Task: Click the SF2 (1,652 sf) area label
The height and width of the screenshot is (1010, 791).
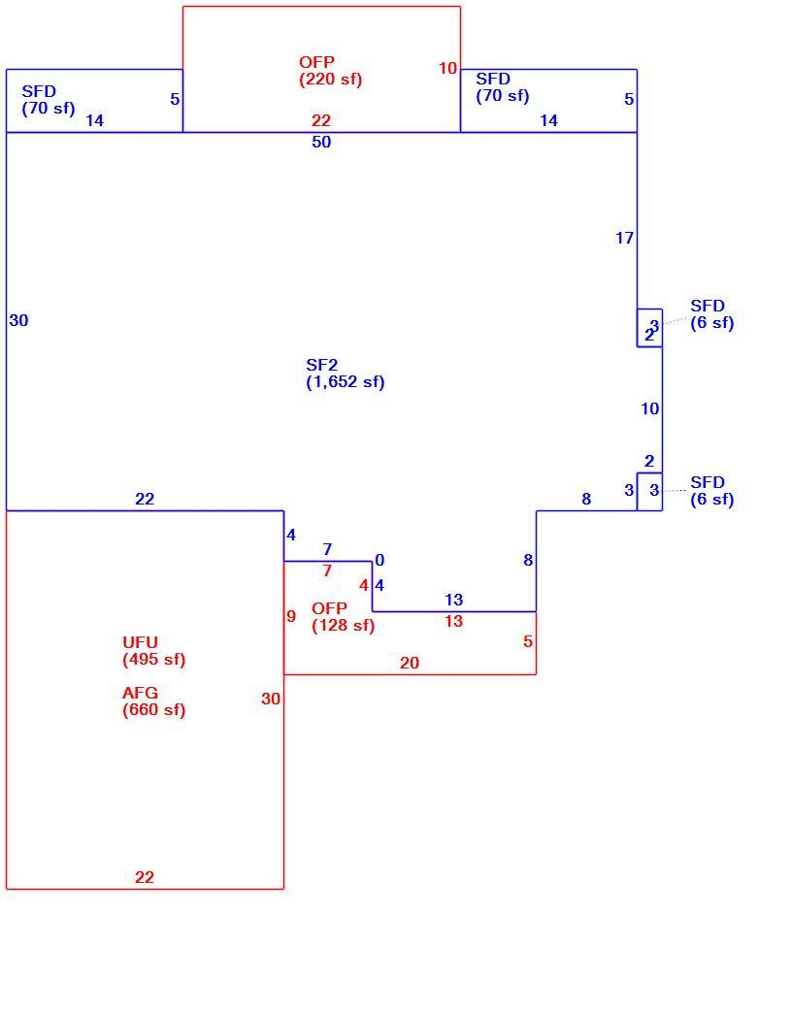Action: coord(346,374)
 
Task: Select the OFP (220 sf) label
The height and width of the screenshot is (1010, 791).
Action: coord(330,71)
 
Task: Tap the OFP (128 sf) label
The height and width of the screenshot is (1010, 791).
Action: coord(343,617)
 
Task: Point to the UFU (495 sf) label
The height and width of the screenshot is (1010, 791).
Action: coord(154,651)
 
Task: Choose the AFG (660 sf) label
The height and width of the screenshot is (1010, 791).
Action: coord(154,701)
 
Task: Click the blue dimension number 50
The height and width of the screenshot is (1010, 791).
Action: coord(321,142)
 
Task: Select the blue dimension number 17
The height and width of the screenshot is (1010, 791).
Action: coord(624,239)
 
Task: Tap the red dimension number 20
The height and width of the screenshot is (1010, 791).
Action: coord(410,663)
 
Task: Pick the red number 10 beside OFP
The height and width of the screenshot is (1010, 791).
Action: coord(448,68)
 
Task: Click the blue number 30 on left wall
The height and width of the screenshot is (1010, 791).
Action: coord(18,320)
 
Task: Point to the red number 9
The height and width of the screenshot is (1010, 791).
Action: coord(291,616)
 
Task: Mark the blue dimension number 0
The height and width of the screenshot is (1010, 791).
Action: coord(379,561)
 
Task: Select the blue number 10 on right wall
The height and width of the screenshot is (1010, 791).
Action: coord(650,408)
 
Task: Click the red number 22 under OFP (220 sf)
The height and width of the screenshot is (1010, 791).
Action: coord(321,120)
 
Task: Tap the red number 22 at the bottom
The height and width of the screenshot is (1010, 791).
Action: coord(145,877)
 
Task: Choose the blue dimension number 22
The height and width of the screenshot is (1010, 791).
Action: coord(145,500)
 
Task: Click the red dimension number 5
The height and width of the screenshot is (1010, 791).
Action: coord(528,641)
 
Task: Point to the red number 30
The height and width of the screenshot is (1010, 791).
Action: coord(271,699)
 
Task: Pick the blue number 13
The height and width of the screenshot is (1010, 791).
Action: coord(454,600)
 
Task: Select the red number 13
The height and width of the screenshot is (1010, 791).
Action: coord(454,622)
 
